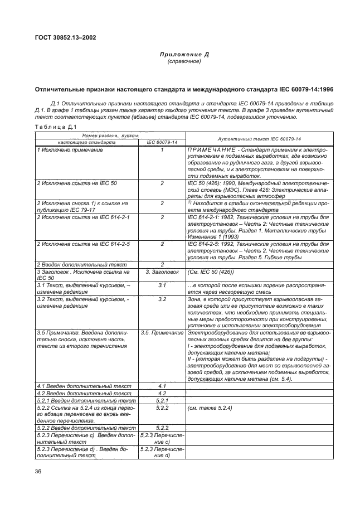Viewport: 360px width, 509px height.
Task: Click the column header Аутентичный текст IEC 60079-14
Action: (259, 139)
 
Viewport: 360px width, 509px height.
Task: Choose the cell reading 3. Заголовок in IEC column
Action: (162, 272)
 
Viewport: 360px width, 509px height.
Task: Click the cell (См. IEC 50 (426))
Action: (211, 272)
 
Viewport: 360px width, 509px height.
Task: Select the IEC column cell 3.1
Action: (162, 285)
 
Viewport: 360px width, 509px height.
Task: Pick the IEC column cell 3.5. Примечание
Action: (162, 332)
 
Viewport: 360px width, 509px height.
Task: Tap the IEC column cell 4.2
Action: (162, 393)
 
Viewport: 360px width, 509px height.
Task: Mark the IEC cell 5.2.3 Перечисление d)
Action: (162, 452)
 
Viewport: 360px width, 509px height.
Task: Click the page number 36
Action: (39, 472)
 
